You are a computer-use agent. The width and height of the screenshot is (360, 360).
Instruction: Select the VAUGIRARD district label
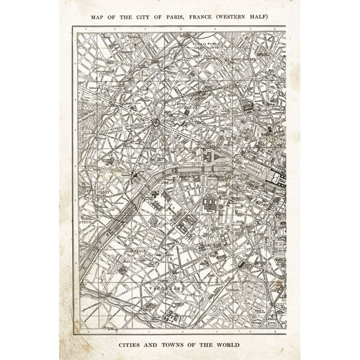point(165,287)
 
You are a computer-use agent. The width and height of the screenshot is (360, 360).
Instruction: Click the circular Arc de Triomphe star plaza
point(156,123)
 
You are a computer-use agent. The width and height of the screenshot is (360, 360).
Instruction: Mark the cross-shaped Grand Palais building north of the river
point(208,156)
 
